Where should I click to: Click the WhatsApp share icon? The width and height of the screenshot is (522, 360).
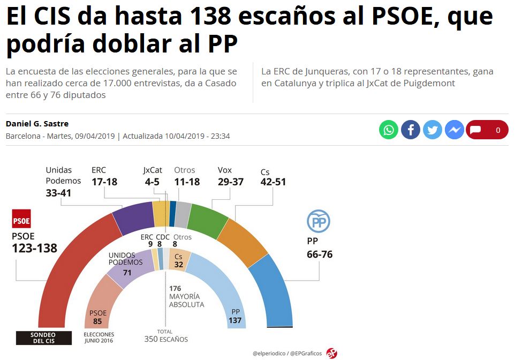(389, 130)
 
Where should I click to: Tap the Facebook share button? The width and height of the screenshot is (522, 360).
(411, 130)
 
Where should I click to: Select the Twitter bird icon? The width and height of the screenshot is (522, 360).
(433, 130)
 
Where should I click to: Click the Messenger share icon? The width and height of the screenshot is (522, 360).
(455, 130)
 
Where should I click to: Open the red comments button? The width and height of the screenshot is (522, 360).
(487, 130)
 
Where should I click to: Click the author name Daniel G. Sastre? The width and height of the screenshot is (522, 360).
(37, 124)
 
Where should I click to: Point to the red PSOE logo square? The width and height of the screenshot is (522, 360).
(21, 219)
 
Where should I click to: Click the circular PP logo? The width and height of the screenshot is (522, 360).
(318, 221)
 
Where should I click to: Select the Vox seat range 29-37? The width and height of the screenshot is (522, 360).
(231, 182)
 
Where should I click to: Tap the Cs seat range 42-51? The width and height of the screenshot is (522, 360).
(273, 182)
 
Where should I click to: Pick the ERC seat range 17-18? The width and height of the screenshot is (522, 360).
(104, 182)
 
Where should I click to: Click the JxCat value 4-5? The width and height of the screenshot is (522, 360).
(152, 182)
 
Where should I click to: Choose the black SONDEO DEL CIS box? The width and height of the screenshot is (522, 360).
(43, 337)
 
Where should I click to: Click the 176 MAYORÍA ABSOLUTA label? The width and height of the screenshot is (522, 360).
(186, 296)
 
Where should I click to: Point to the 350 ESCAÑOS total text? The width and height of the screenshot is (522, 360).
(166, 339)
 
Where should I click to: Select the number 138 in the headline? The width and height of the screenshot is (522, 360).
(211, 16)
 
